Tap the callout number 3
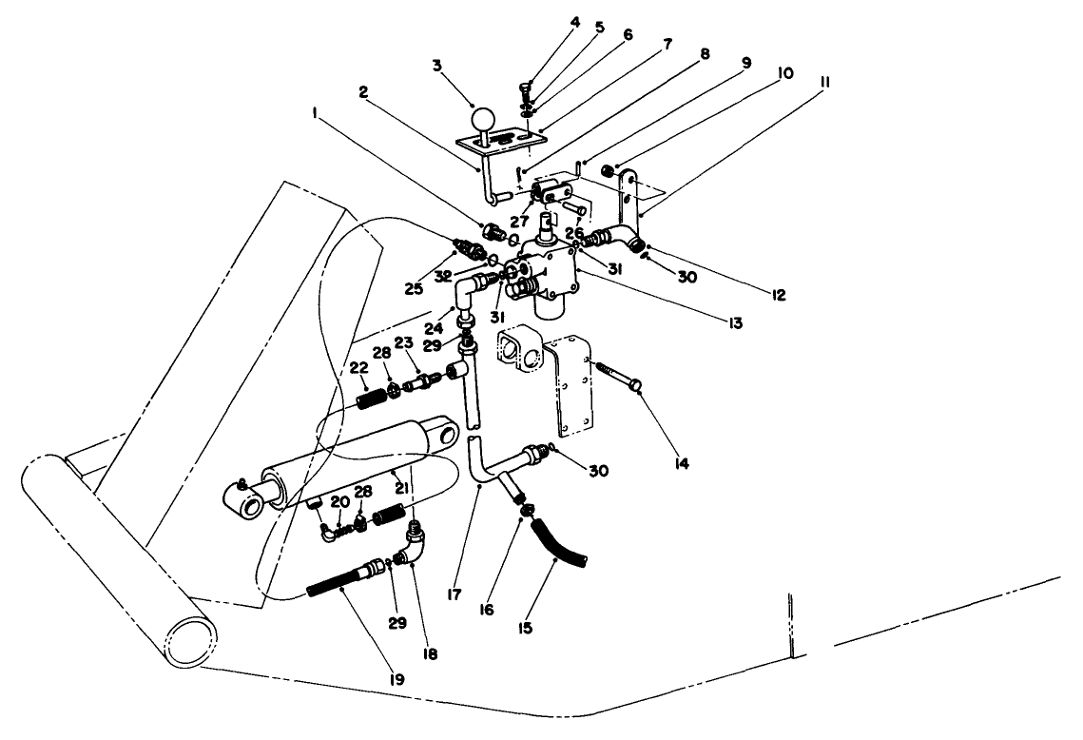436,66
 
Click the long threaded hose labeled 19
343,580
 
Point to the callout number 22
358,368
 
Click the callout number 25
413,286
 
